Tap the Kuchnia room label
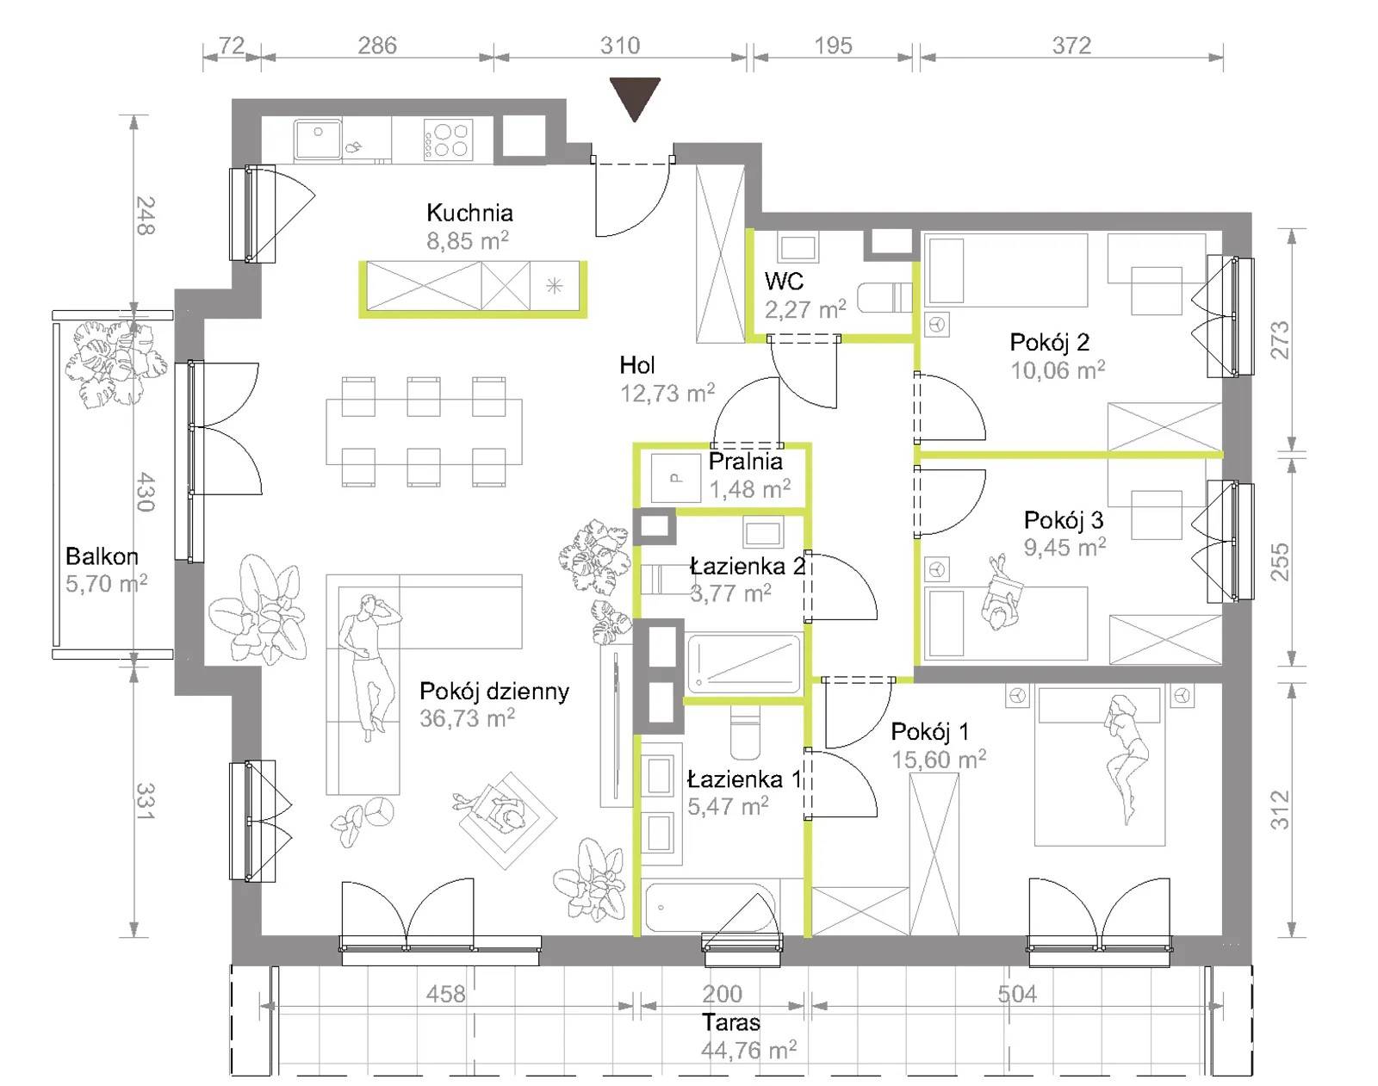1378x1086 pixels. [469, 213]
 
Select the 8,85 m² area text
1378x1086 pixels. [468, 241]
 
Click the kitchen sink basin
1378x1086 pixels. [318, 139]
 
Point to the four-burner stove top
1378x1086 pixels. [448, 140]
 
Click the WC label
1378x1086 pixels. [784, 281]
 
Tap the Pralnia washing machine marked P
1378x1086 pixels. [675, 478]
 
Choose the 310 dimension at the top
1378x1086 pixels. [620, 46]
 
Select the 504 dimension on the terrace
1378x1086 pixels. [1017, 994]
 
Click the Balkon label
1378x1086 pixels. [102, 555]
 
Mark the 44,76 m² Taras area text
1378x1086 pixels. [748, 1050]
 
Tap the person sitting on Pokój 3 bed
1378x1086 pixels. [1000, 593]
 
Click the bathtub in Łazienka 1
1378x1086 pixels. [710, 908]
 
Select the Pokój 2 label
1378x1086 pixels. [1050, 342]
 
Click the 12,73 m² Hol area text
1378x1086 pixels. [667, 394]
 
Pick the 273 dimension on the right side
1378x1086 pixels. [1280, 340]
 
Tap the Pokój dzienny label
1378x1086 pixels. [493, 691]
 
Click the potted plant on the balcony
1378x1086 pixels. [115, 363]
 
